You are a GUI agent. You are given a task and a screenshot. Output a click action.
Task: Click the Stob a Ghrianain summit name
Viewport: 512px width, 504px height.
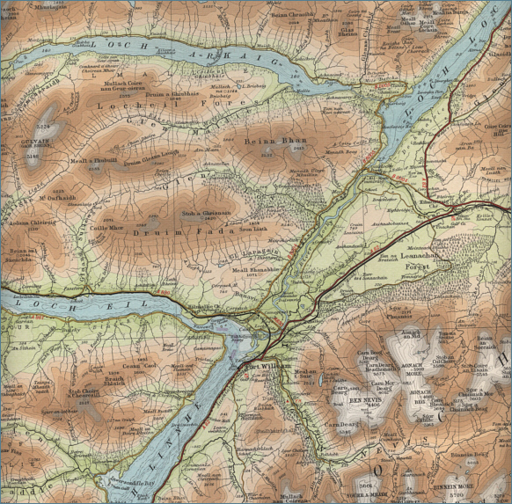(200, 213)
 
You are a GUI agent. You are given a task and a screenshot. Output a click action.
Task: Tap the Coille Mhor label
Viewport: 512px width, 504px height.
(105, 227)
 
